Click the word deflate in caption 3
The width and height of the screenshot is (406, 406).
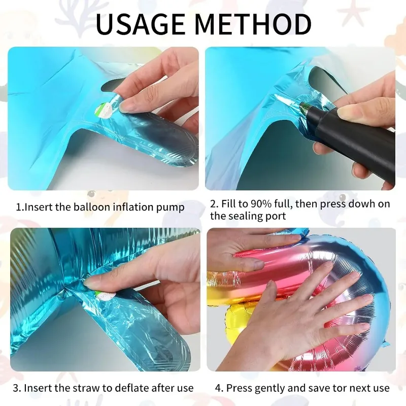pos(127,388)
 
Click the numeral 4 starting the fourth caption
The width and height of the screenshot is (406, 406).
pos(218,388)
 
